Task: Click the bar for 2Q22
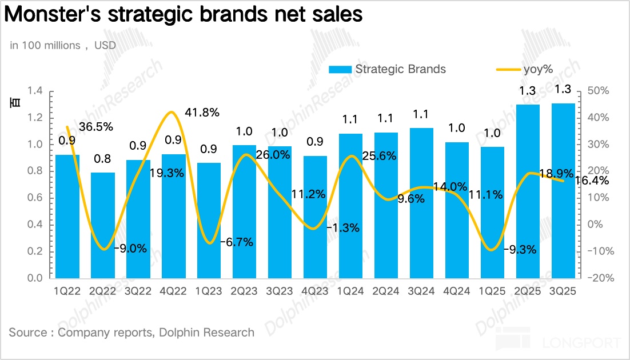coord(103,225)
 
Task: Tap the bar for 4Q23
coord(316,217)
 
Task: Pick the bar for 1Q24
coord(351,206)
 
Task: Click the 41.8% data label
coord(202,113)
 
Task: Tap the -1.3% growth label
coord(343,228)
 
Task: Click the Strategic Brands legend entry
coord(387,69)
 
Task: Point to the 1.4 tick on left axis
coord(35,91)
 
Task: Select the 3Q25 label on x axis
coord(563,291)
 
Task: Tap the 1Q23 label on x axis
coord(209,291)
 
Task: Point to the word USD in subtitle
coord(105,45)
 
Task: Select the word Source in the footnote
coord(28,332)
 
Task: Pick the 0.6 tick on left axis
coord(35,198)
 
